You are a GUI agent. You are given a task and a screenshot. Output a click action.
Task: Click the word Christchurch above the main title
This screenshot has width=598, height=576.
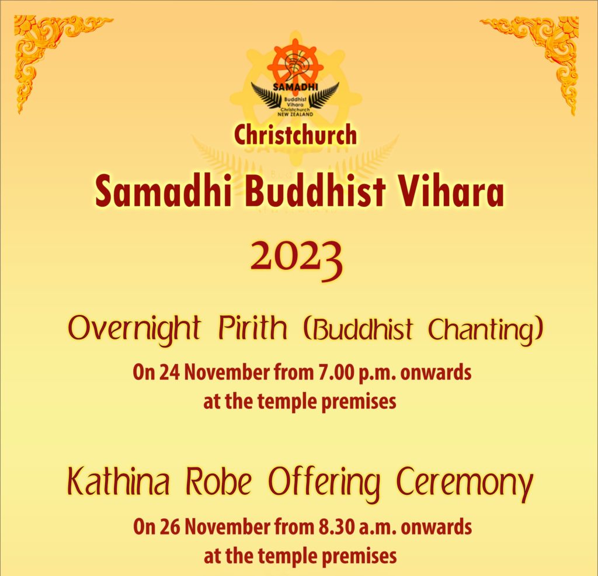[295, 135]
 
